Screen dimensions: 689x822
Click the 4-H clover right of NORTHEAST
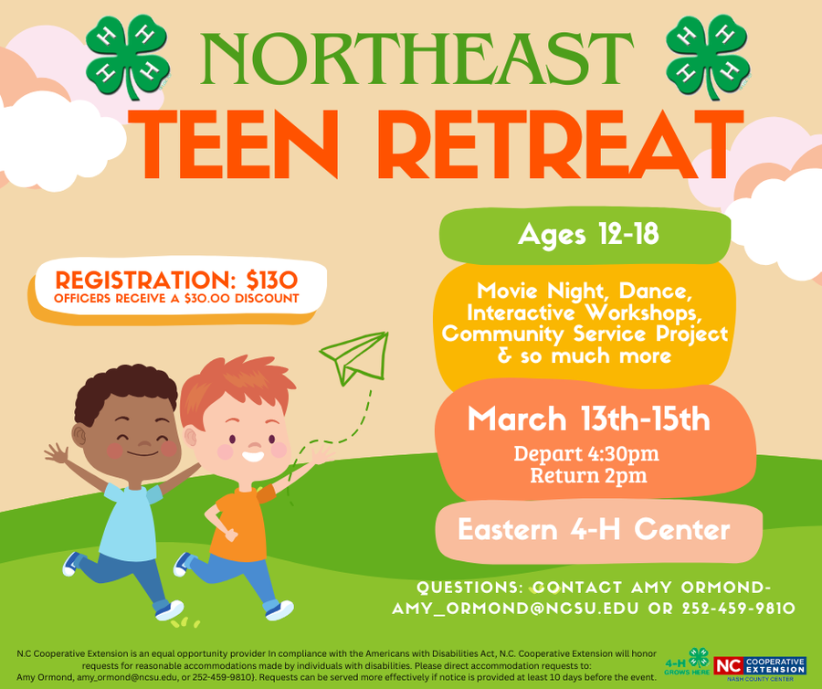707,55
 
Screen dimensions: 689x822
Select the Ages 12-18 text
588,236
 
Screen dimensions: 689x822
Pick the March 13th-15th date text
588,419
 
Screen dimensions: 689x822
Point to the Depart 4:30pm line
586,453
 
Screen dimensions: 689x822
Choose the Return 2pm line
588,474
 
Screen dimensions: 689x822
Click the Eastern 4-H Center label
594,529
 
